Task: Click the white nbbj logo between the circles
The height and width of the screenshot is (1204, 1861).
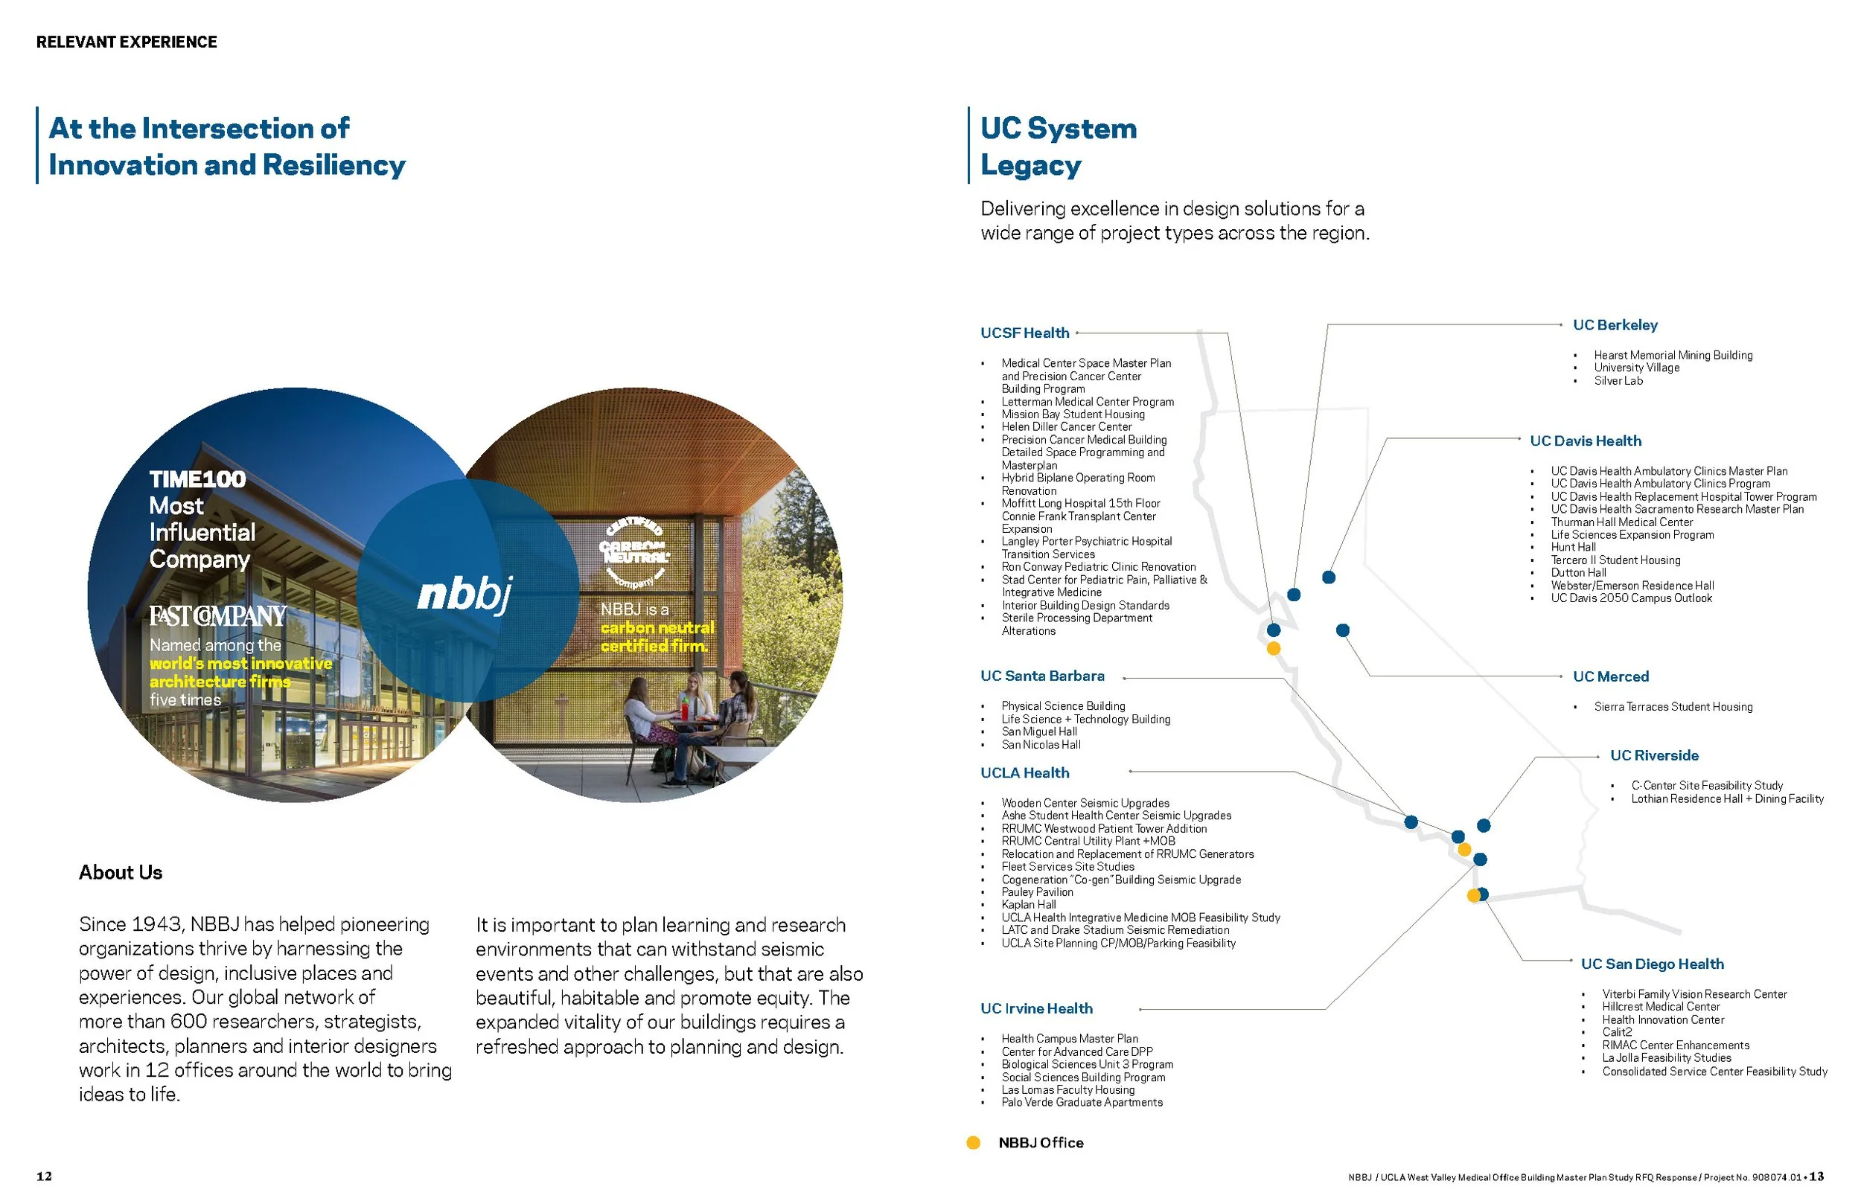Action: click(465, 595)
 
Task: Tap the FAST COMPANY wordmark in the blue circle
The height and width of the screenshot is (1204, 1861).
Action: click(218, 616)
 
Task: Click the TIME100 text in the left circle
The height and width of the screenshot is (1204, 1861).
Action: click(197, 479)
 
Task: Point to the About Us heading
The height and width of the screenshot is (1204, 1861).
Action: click(121, 873)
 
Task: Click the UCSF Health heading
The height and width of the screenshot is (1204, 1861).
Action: click(1024, 333)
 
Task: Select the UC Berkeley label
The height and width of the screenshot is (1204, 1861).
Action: click(1615, 325)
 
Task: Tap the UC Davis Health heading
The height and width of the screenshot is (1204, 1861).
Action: click(1585, 441)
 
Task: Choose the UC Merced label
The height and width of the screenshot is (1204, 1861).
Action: click(1610, 677)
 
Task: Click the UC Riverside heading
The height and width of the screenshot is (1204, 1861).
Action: click(1654, 756)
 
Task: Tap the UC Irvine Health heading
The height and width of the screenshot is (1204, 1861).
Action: click(1036, 1009)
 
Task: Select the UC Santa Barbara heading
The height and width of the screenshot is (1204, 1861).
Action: click(1042, 676)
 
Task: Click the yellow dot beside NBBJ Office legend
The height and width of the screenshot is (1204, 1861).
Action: click(974, 1143)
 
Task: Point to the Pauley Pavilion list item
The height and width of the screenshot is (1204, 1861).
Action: click(1037, 893)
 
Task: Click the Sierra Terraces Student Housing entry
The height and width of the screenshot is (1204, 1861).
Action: click(1673, 708)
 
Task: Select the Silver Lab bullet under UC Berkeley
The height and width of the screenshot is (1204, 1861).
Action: click(1618, 382)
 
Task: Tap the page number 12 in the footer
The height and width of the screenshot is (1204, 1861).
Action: click(45, 1176)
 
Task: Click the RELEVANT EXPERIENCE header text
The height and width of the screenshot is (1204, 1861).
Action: click(127, 42)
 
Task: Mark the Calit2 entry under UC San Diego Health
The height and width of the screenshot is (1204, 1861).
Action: click(1616, 1033)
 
